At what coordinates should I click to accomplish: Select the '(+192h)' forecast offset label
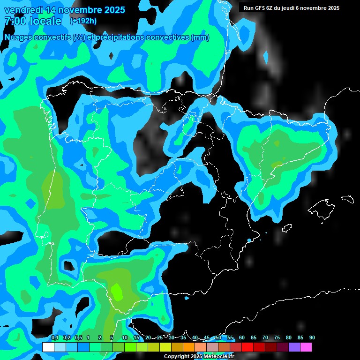pos(83,21)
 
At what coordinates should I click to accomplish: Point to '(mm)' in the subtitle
pos(200,37)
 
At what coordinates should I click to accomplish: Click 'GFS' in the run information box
pos(261,8)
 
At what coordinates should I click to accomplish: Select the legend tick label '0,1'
pos(54,337)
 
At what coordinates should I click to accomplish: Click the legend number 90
pos(312,337)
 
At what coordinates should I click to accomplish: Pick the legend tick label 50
pos(218,337)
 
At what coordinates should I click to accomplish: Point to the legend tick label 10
pos(125,337)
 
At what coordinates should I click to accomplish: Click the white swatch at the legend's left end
pos(48,347)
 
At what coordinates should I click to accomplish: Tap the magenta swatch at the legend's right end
pos(306,347)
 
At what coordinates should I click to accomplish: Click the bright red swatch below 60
pos(247,347)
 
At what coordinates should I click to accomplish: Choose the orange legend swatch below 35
pos(188,347)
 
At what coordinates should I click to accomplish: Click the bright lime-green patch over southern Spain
pos(116,292)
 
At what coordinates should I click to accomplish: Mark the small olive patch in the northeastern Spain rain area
pos(277,165)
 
